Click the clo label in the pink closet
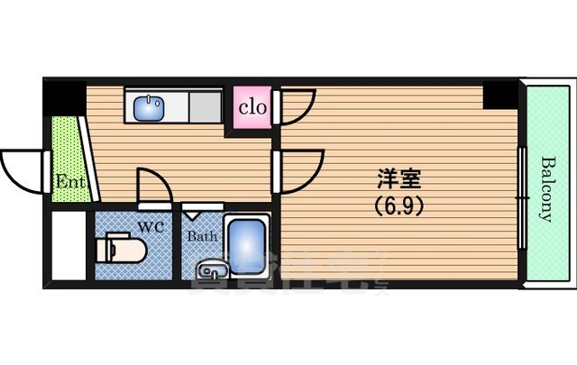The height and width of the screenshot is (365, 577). [252, 108]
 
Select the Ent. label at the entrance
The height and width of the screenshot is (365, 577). [69, 181]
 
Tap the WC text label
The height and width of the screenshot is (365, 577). [151, 227]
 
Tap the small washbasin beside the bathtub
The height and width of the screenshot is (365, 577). [212, 268]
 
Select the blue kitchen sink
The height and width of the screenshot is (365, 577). [148, 109]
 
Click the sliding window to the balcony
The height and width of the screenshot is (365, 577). [520, 194]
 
